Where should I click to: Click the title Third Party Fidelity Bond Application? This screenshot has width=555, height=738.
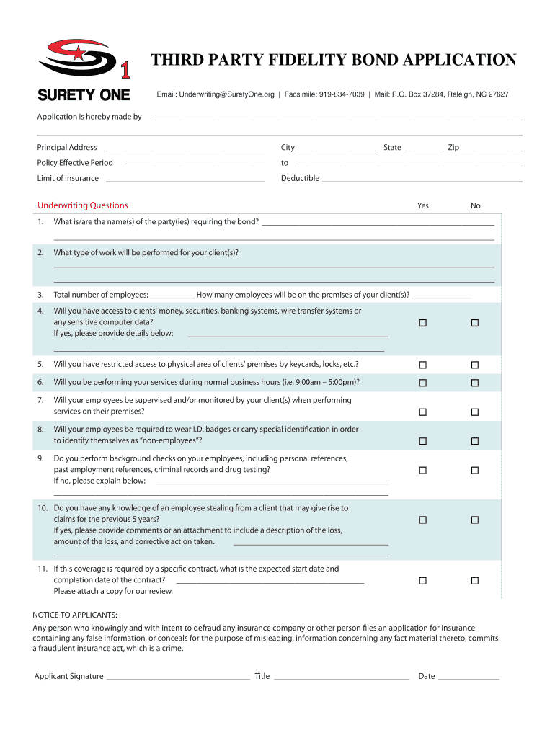click(333, 60)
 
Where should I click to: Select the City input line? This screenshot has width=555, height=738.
click(336, 148)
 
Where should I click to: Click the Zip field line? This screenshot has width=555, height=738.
click(492, 148)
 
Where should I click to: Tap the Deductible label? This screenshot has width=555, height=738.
click(300, 178)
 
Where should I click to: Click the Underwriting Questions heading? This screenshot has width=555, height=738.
click(83, 205)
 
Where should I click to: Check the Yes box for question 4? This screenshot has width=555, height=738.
click(423, 323)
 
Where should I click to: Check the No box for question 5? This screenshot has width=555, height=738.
click(475, 365)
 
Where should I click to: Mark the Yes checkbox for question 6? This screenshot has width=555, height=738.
click(423, 383)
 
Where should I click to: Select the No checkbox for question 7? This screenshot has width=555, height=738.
click(475, 412)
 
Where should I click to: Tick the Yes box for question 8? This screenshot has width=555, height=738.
click(423, 441)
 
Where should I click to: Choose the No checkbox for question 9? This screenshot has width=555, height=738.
click(475, 471)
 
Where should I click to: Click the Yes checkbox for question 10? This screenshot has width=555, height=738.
click(423, 520)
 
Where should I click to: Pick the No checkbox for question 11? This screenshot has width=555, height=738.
click(475, 581)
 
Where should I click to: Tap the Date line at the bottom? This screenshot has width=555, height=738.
click(469, 677)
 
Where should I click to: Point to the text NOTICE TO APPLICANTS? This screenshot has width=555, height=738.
click(75, 615)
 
